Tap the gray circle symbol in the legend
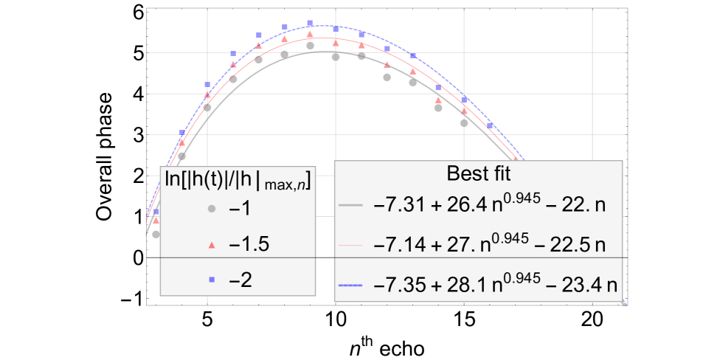point(211,210)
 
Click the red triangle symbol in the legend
point(211,244)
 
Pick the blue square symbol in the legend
point(211,279)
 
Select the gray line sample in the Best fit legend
point(350,205)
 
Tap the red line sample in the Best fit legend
point(350,244)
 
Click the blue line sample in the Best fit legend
point(350,284)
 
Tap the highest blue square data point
point(310,24)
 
